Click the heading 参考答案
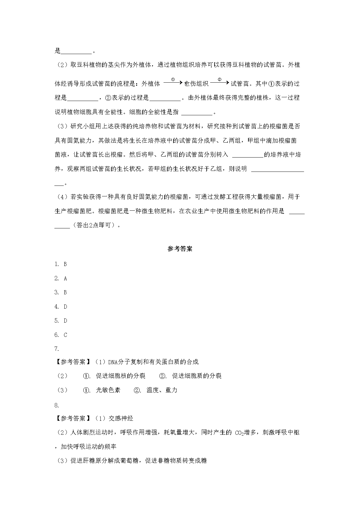click(180, 249)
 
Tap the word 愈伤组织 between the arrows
click(196, 84)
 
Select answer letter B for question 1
click(65, 264)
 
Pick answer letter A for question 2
click(65, 278)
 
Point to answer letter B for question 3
click(65, 292)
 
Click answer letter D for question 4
click(65, 307)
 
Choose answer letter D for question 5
click(65, 321)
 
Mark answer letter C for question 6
click(65, 335)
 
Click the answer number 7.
click(57, 349)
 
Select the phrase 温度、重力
click(162, 390)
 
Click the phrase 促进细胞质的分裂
click(197, 376)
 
